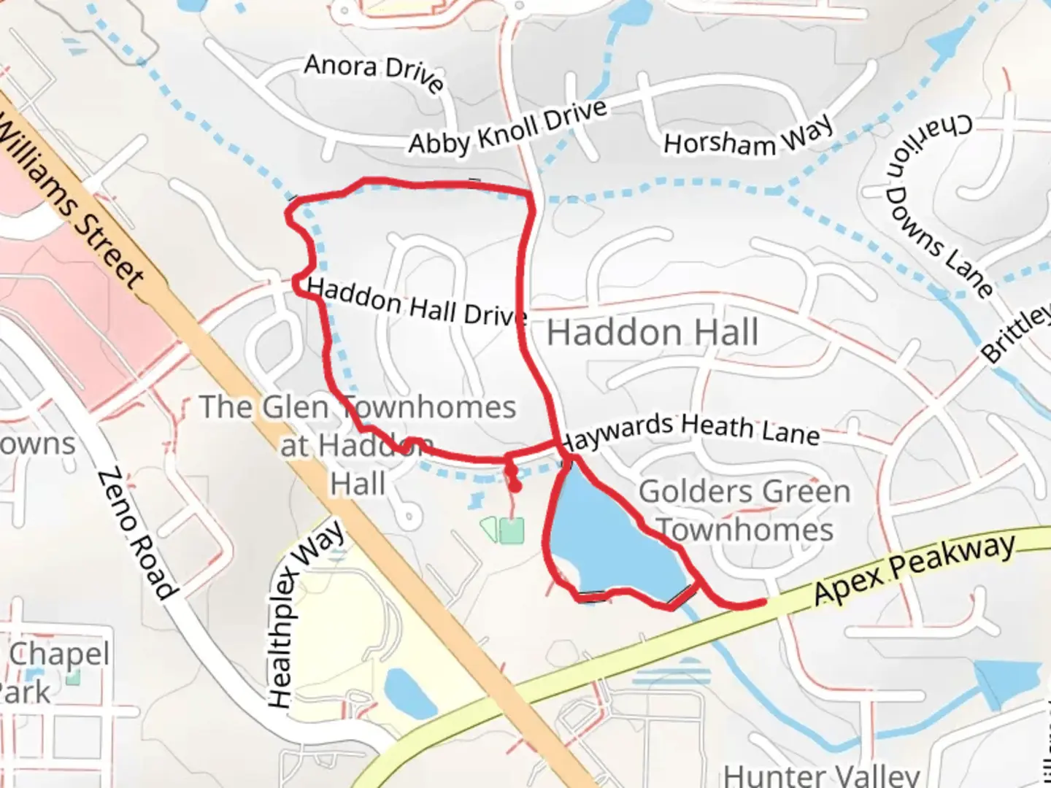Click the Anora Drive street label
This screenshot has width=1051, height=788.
coord(374,72)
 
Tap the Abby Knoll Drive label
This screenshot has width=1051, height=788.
coord(507,127)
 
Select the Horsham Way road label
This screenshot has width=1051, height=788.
coord(748,136)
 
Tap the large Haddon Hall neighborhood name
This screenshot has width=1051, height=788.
coord(652,333)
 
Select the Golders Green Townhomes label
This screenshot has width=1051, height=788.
coord(744,511)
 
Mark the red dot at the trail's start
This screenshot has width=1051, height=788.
coord(515,487)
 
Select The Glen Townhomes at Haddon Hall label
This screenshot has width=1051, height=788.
coord(358,445)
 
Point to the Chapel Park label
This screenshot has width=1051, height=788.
coord(55,671)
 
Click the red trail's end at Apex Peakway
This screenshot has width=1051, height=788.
coord(763,602)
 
